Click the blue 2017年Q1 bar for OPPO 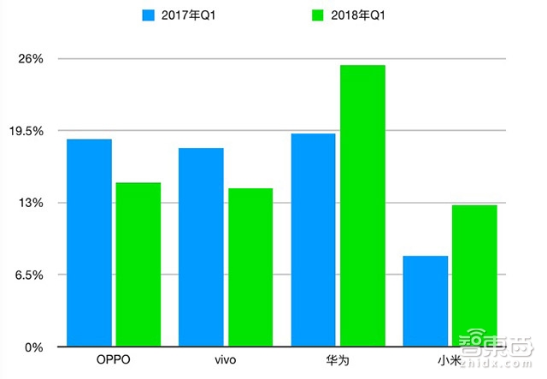click(89, 243)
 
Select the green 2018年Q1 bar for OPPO click(138, 264)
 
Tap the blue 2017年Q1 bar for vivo click(201, 247)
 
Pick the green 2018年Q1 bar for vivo click(250, 268)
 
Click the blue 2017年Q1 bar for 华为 click(313, 240)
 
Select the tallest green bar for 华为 click(362, 206)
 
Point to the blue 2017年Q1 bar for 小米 click(426, 301)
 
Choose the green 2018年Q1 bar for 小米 click(474, 275)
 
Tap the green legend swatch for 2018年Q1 click(297, 15)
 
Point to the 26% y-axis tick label click(31, 59)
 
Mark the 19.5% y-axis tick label click(26, 131)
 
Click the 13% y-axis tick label click(31, 203)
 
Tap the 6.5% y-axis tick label click(29, 275)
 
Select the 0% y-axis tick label click(33, 347)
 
